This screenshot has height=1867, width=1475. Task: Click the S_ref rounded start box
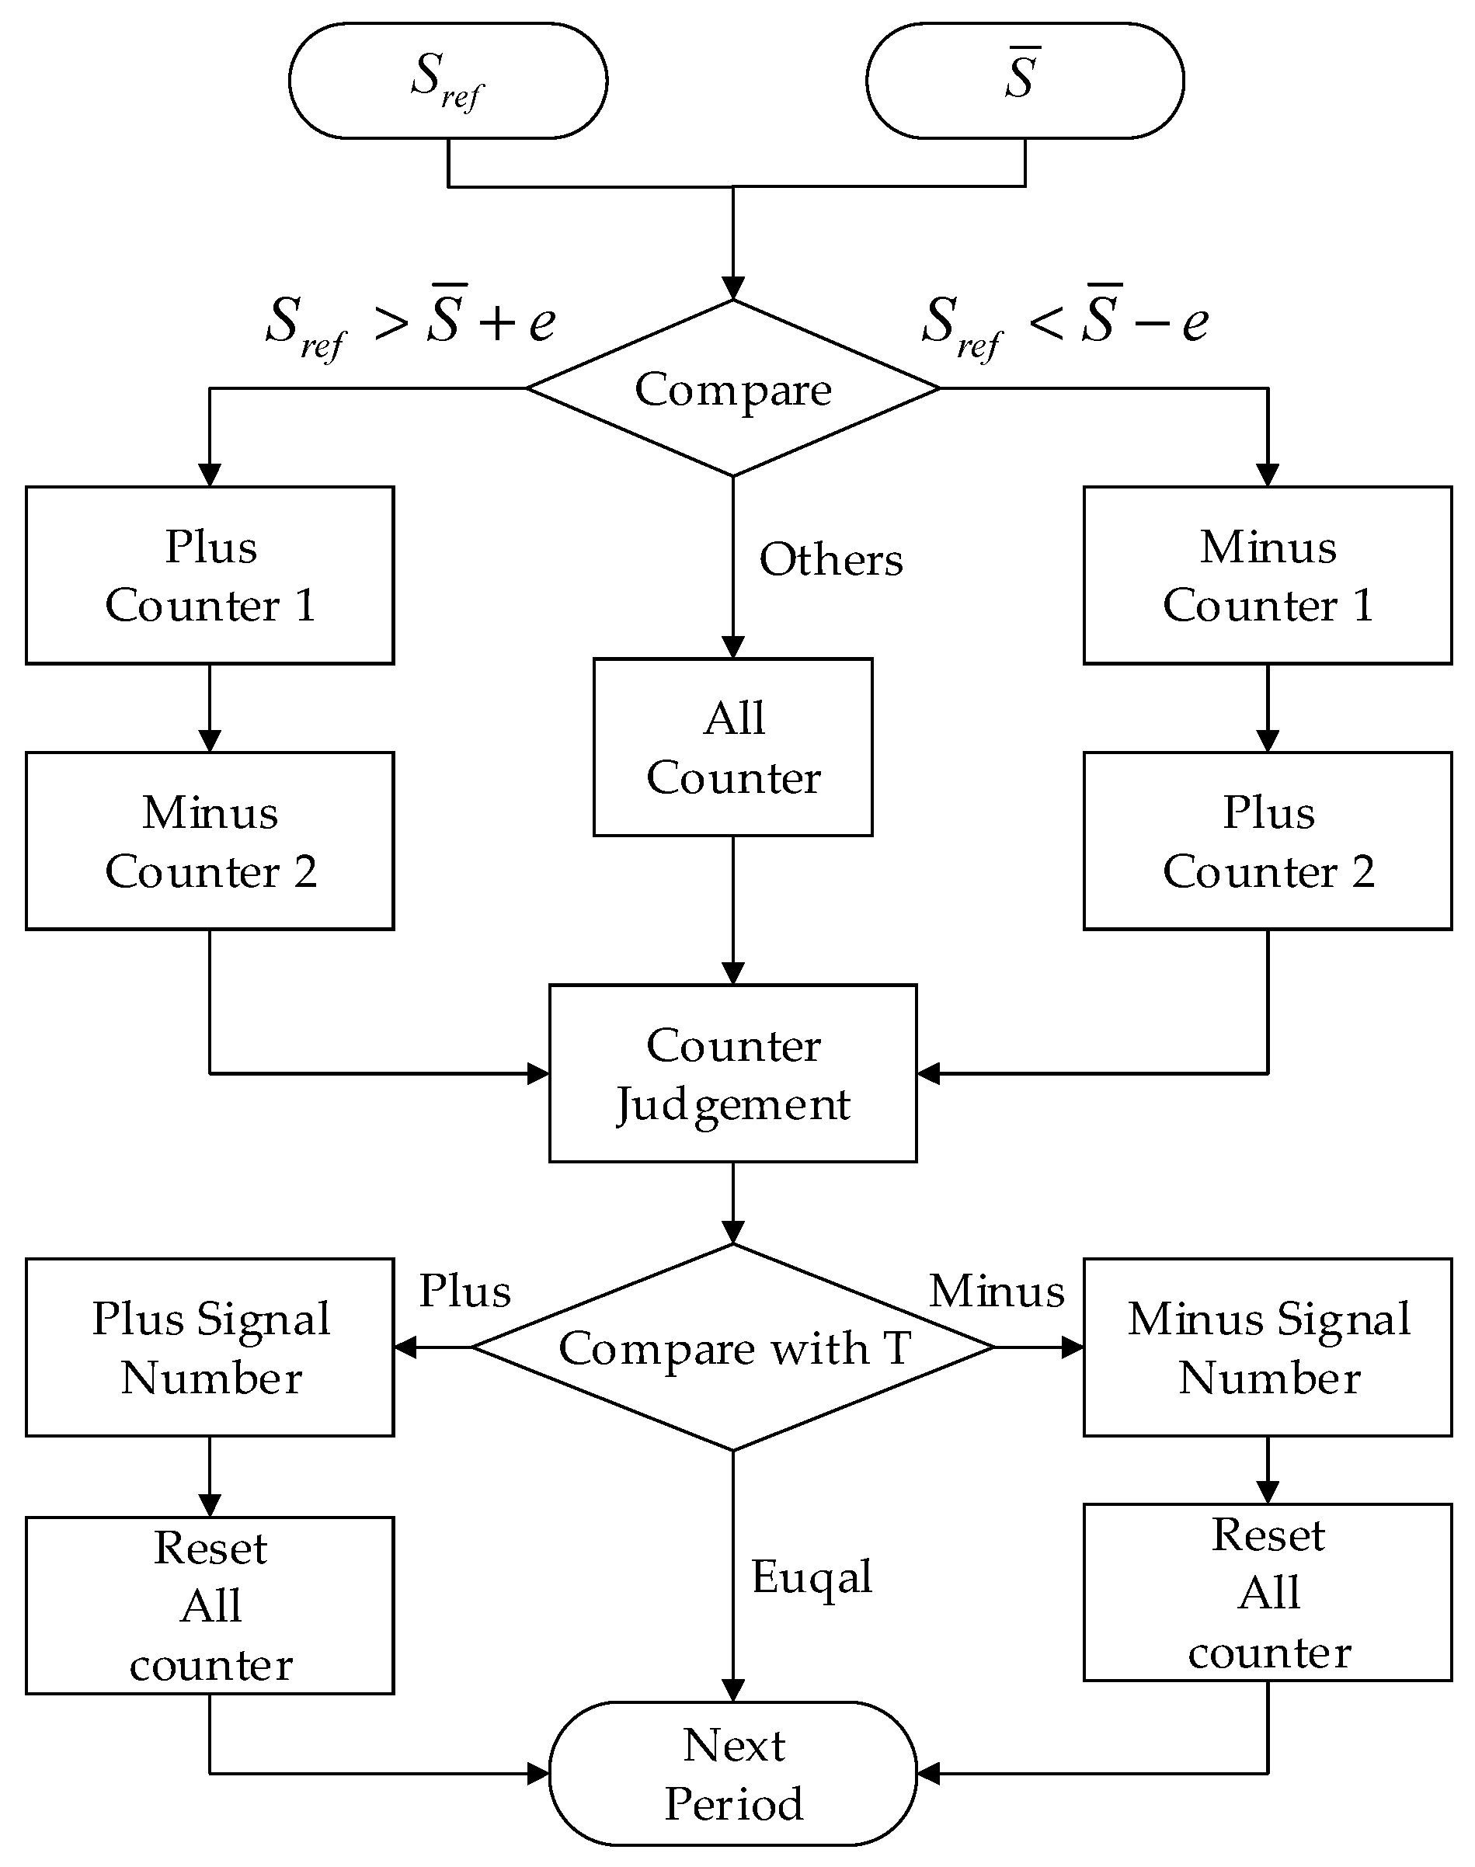point(447,80)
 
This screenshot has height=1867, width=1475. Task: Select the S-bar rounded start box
point(1024,80)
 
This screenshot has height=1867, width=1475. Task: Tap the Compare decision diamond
point(732,388)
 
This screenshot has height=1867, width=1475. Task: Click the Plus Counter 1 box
point(210,576)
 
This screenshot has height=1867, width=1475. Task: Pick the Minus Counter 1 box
point(1267,576)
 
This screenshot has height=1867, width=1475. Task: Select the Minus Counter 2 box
point(210,841)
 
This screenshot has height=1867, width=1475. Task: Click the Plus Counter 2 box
point(1267,841)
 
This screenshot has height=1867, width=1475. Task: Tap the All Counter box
point(732,748)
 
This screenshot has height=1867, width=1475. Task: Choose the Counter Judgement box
point(732,1073)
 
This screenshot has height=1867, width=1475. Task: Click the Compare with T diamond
point(732,1347)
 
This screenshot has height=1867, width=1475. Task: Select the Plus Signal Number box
point(210,1347)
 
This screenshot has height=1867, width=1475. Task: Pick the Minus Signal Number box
point(1267,1347)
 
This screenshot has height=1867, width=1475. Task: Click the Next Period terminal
point(732,1774)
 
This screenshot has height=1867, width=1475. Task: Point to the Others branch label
point(831,560)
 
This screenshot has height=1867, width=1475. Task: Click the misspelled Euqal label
point(811,1576)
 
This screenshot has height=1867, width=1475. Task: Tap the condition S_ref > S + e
point(410,325)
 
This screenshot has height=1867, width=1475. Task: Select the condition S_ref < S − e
point(1065,325)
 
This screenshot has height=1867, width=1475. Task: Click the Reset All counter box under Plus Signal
point(210,1605)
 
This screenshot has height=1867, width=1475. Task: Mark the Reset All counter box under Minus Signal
point(1267,1592)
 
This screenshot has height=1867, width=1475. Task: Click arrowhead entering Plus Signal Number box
point(405,1347)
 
